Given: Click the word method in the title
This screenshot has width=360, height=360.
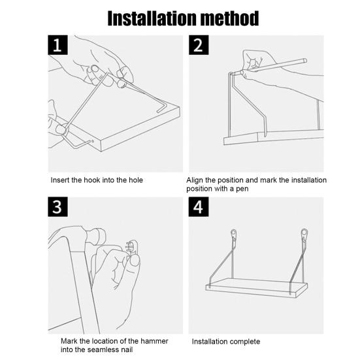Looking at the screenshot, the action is [230, 18].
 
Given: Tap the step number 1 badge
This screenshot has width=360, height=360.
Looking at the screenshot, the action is [57, 45].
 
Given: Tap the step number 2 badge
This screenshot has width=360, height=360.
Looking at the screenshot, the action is [199, 45].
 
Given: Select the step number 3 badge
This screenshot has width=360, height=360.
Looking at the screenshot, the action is [57, 206].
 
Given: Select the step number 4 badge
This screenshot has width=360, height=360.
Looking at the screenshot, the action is [199, 206].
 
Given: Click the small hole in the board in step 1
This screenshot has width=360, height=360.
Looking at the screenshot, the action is [93, 141].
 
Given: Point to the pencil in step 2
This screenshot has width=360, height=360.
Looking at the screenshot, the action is [273, 67].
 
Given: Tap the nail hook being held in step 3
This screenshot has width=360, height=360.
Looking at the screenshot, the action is [132, 247].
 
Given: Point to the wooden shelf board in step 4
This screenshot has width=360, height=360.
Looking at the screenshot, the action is [257, 287].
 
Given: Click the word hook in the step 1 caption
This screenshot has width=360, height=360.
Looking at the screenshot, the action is [91, 180].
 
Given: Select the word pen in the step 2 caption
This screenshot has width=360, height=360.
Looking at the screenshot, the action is [242, 189].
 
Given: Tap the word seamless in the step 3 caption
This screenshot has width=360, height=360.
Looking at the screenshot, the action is [103, 350].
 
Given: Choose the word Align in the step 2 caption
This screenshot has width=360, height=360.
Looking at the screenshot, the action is [195, 180].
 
